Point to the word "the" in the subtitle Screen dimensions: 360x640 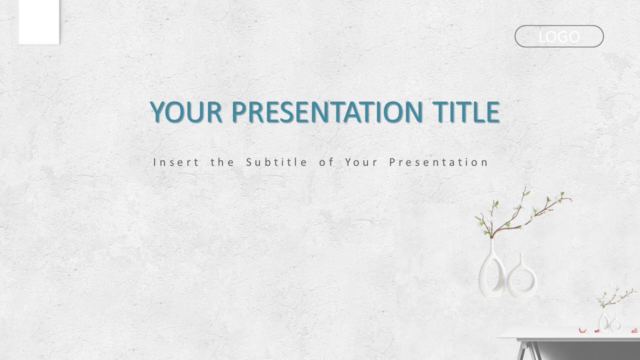(x=219, y=162)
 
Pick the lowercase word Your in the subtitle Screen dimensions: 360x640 (x=361, y=162)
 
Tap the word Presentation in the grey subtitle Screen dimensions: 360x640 (x=438, y=162)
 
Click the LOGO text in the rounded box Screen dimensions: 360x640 (x=559, y=36)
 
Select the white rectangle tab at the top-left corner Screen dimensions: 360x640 (x=39, y=22)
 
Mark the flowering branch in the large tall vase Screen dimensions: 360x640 (x=525, y=212)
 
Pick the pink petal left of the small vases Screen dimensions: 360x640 (x=582, y=329)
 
